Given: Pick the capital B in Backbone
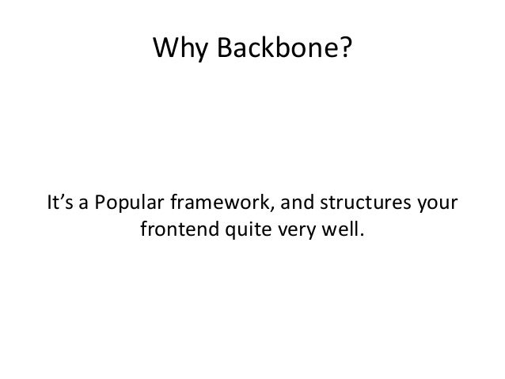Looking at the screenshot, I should coord(216,50).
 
